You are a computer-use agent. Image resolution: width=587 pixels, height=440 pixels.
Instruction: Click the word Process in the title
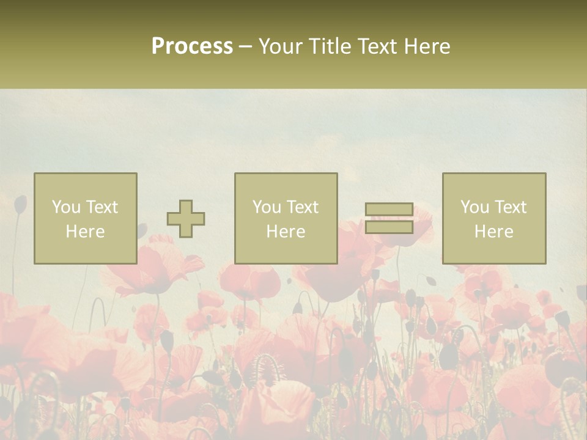(192, 46)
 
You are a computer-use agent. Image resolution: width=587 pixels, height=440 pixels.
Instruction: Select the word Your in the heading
(281, 46)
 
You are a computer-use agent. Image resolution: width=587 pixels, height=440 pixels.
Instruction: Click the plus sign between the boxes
(186, 219)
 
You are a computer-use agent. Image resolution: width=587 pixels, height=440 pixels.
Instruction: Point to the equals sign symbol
(389, 218)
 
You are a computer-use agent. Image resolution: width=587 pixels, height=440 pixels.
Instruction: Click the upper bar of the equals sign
(389, 210)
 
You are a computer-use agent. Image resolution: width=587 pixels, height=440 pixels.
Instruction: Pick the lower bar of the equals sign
(389, 227)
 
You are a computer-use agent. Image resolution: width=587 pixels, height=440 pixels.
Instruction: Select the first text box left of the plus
(86, 218)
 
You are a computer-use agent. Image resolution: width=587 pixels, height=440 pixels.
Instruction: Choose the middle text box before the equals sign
(286, 218)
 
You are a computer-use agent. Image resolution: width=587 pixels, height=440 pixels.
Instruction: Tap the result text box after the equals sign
(494, 218)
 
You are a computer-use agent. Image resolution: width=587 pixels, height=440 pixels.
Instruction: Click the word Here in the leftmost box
(86, 232)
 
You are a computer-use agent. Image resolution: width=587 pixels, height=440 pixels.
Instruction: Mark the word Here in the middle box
(286, 232)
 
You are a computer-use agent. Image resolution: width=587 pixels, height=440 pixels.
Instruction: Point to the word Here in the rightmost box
(494, 232)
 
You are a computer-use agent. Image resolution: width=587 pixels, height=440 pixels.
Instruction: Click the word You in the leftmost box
(66, 207)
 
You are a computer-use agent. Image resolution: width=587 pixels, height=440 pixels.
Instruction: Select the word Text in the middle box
(301, 207)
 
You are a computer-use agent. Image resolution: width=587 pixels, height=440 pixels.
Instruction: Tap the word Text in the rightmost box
(509, 207)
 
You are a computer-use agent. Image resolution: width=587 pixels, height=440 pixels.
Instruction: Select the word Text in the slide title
(378, 46)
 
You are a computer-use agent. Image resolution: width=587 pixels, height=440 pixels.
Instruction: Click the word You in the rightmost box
(475, 207)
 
